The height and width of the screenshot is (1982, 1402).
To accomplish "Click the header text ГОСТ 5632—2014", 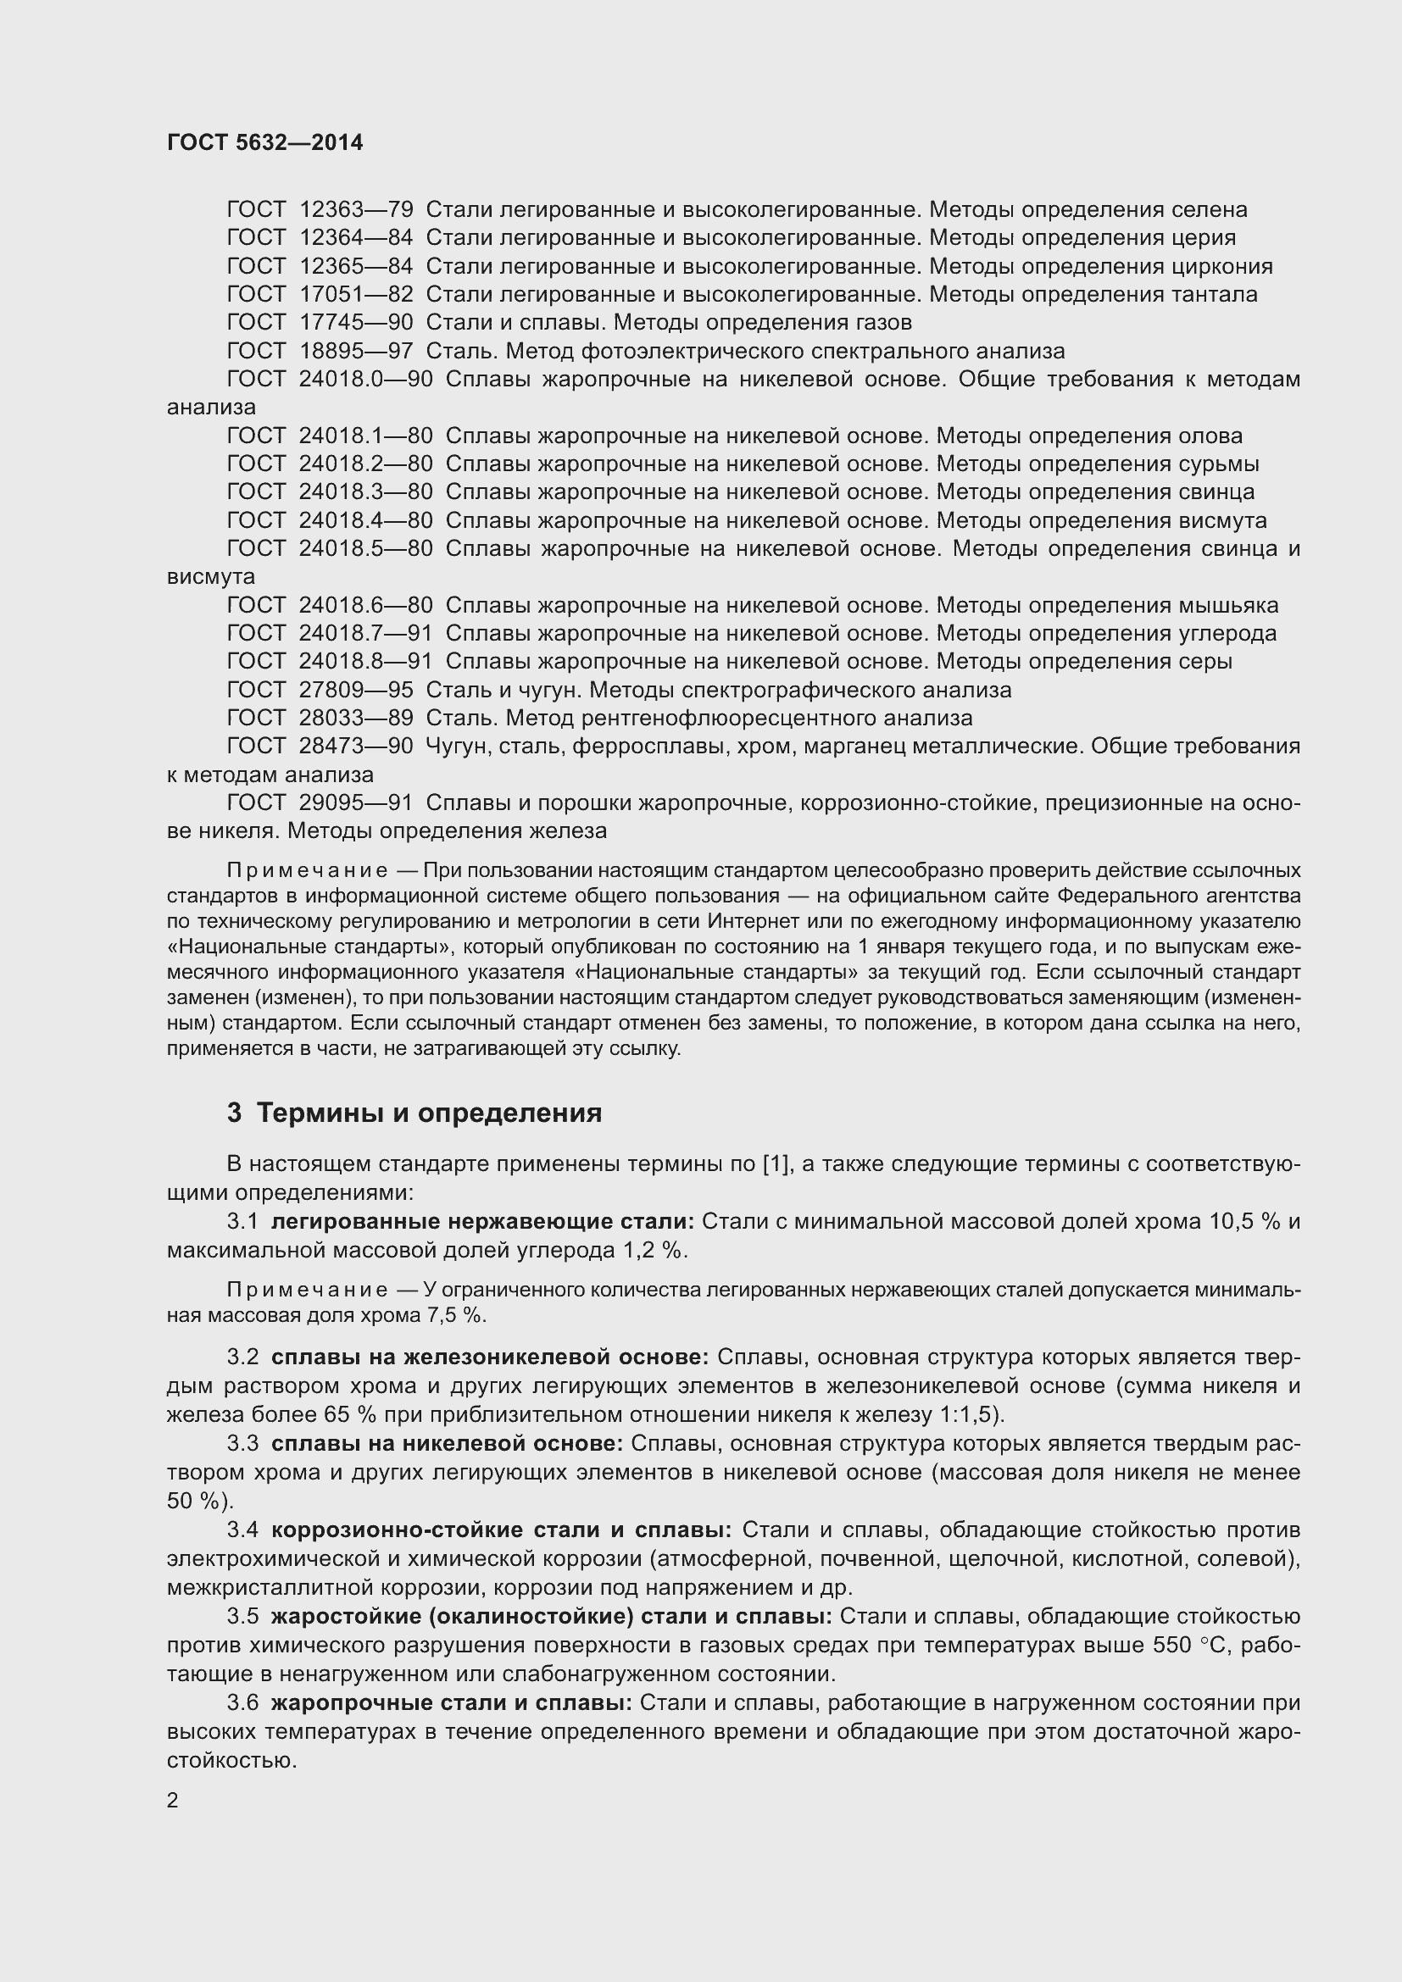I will click(x=265, y=142).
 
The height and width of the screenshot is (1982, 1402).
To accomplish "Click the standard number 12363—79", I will click(x=356, y=210).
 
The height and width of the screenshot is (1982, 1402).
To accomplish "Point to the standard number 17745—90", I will click(x=356, y=323).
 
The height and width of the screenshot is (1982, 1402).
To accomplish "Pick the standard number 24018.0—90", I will click(x=366, y=380).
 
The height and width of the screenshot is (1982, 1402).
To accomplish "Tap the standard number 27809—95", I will click(x=356, y=691).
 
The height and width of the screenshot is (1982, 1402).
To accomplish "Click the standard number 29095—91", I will click(x=356, y=803).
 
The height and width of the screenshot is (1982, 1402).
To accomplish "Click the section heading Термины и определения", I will click(x=429, y=1113).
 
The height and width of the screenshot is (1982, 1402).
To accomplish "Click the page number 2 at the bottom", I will click(x=173, y=1801).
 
